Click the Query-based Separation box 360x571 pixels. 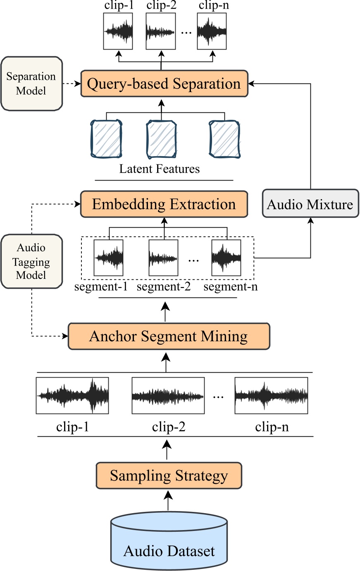(x=164, y=84)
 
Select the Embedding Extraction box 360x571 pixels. (x=164, y=204)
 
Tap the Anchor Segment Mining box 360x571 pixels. (x=169, y=336)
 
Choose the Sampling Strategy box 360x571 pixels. (x=169, y=476)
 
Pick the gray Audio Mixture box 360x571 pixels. (x=310, y=204)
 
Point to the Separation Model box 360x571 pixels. (x=31, y=84)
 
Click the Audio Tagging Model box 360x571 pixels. (x=31, y=261)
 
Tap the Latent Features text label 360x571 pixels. (x=160, y=169)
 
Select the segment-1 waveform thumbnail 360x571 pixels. (x=108, y=257)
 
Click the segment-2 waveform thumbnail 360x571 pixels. (x=163, y=257)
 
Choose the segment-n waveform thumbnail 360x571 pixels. (x=226, y=257)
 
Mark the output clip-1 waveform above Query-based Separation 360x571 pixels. (x=118, y=31)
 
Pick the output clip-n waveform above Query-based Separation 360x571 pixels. (x=212, y=31)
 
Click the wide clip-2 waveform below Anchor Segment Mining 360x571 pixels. (x=168, y=395)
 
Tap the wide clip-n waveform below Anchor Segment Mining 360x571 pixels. (x=271, y=395)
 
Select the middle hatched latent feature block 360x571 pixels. (x=162, y=139)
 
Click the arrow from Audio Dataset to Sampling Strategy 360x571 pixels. (x=168, y=500)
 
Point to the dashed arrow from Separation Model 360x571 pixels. (x=71, y=84)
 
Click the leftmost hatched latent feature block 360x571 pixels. (x=106, y=139)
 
